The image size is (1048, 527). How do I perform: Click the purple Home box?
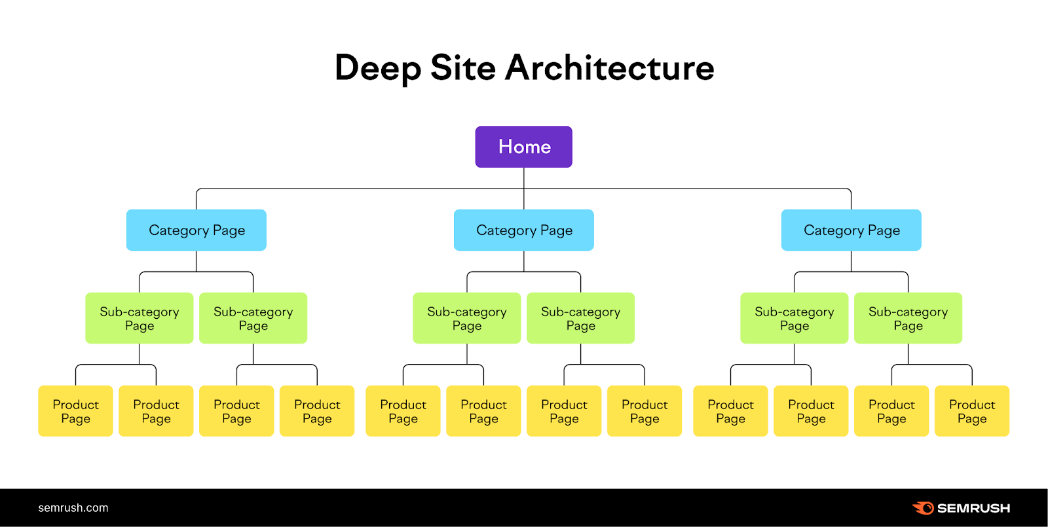pos(524,147)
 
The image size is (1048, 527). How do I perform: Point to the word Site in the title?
pos(462,68)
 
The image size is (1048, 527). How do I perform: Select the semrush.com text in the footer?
pos(73,508)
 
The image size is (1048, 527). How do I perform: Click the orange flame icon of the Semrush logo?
pos(924,508)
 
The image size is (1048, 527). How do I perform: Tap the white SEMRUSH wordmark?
pos(973,508)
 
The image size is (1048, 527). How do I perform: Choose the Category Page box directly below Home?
pos(524,230)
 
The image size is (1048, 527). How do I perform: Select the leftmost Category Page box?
pos(196,230)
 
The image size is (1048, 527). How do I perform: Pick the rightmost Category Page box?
pos(851,230)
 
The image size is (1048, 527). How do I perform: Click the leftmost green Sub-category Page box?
pos(140,318)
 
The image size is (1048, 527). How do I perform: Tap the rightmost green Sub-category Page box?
pos(908,318)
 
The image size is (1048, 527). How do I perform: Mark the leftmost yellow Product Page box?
pos(75,411)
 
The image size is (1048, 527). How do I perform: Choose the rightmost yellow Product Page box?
pos(972,411)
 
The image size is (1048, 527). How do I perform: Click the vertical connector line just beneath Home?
pos(524,178)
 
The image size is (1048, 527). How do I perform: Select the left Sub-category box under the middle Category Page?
pos(467,318)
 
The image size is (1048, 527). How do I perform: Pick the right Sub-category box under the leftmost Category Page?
pos(253,318)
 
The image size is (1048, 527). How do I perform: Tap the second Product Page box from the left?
pos(156,411)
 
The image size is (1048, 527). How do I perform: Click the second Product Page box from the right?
pos(891,411)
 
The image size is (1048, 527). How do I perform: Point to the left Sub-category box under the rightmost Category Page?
pos(795,318)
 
